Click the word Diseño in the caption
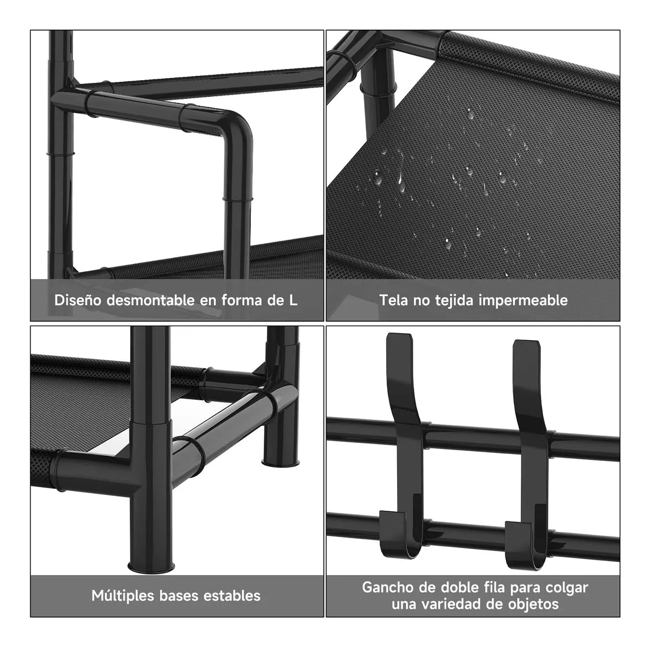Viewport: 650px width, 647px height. click(78, 300)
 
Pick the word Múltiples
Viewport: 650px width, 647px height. click(123, 596)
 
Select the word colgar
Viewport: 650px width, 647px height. click(567, 588)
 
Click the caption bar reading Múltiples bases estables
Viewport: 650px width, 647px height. click(177, 596)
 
